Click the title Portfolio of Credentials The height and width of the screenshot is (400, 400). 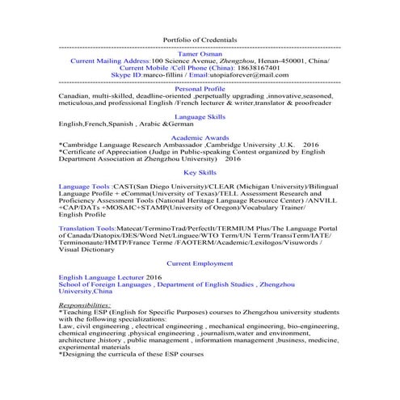200,40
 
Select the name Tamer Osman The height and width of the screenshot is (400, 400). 200,53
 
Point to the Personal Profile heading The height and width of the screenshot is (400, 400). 200,89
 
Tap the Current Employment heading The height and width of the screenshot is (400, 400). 200,263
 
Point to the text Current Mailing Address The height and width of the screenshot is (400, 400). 111,61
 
